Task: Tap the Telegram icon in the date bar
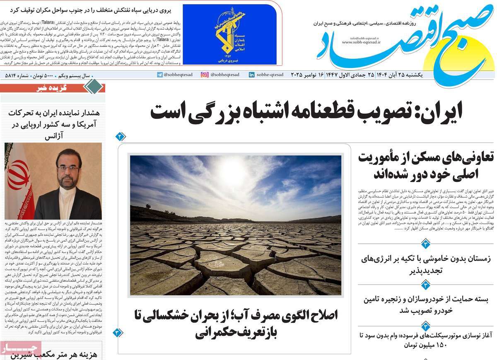[x=159, y=75]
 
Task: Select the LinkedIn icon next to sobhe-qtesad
[x=251, y=75]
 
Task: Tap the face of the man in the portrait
[x=68, y=170]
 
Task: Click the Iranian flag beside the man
[x=19, y=178]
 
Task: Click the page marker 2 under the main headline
[x=120, y=136]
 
